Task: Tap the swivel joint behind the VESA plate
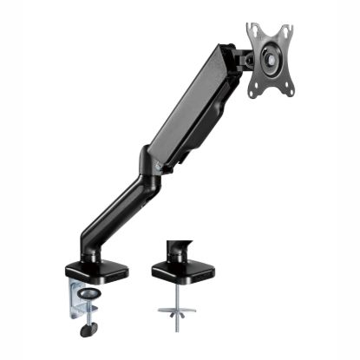coord(245,58)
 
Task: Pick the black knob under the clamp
coord(88,329)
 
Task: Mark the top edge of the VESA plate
coord(270,26)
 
